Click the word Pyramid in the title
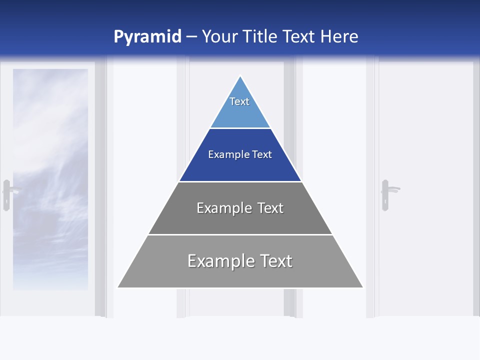click(x=147, y=37)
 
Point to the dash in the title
click(x=191, y=37)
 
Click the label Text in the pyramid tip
click(x=239, y=101)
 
